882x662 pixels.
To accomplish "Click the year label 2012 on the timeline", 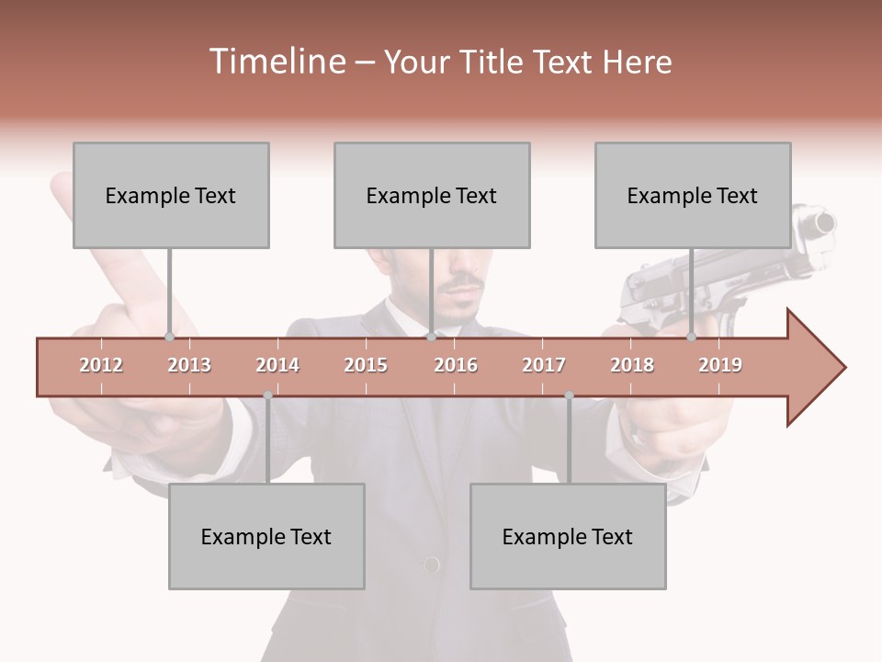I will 101,365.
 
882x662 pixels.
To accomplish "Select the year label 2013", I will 189,365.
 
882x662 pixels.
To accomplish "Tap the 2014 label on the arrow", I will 277,365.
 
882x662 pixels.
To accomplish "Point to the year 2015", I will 366,365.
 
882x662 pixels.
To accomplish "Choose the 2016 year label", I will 456,365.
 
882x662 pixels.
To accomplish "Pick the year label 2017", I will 544,365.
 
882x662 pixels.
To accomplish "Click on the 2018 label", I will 632,365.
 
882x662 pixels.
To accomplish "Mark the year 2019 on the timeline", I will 720,365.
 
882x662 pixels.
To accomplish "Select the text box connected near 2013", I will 171,196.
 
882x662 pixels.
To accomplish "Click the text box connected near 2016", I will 432,196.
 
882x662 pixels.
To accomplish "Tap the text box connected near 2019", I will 693,196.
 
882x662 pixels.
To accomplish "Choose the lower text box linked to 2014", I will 266,536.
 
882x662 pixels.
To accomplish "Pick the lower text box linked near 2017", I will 568,536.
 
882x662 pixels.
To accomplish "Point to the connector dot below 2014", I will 267,395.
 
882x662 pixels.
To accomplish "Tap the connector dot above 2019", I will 691,337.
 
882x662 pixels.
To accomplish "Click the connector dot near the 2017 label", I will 569,395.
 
